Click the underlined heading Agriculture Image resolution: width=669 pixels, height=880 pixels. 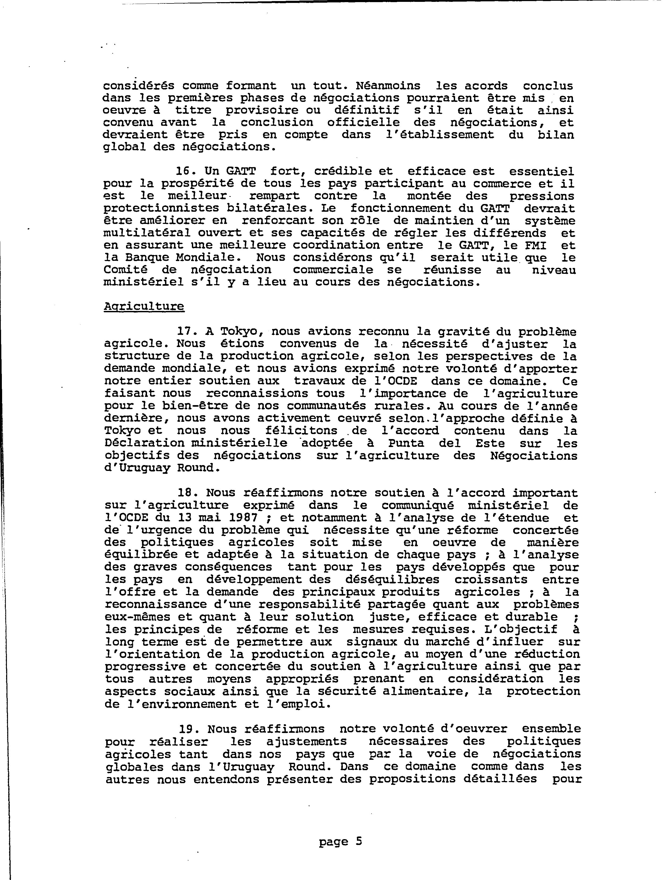click(x=144, y=306)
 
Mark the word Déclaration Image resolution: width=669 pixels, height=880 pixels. click(x=144, y=443)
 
